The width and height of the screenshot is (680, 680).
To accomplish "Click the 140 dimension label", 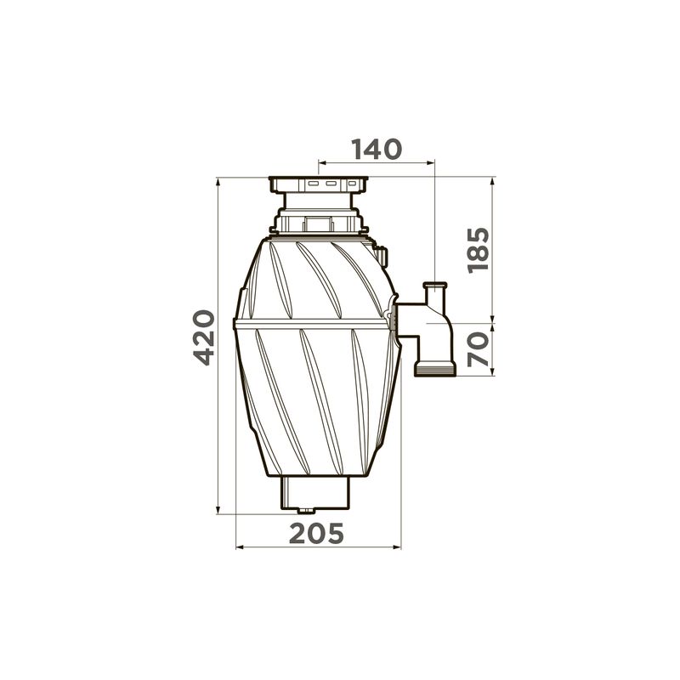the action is (x=377, y=150).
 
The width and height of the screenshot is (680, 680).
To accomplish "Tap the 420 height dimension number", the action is (x=204, y=337).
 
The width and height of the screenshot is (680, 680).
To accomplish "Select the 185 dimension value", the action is (x=479, y=250).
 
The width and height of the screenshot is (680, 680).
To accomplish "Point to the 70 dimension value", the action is (x=479, y=349).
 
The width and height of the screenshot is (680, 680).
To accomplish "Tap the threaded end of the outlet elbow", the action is (x=435, y=370).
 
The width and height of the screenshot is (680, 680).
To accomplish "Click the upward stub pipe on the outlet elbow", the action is (x=435, y=293).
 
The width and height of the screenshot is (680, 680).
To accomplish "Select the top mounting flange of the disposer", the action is (x=318, y=184).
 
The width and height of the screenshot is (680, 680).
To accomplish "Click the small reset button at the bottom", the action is (x=306, y=511).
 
